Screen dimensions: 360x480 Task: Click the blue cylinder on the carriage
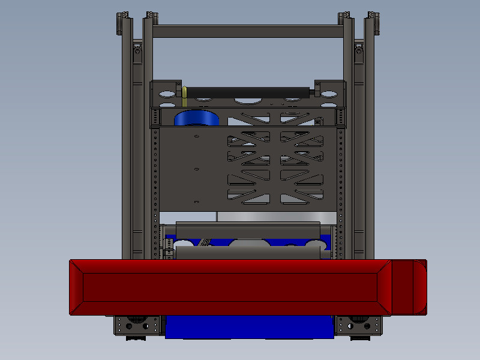196,118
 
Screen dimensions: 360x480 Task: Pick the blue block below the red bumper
249,327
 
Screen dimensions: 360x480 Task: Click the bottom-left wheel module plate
137,325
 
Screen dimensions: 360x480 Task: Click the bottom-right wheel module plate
358,325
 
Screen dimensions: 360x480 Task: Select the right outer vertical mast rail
368,150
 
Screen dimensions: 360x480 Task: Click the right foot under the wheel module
359,338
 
